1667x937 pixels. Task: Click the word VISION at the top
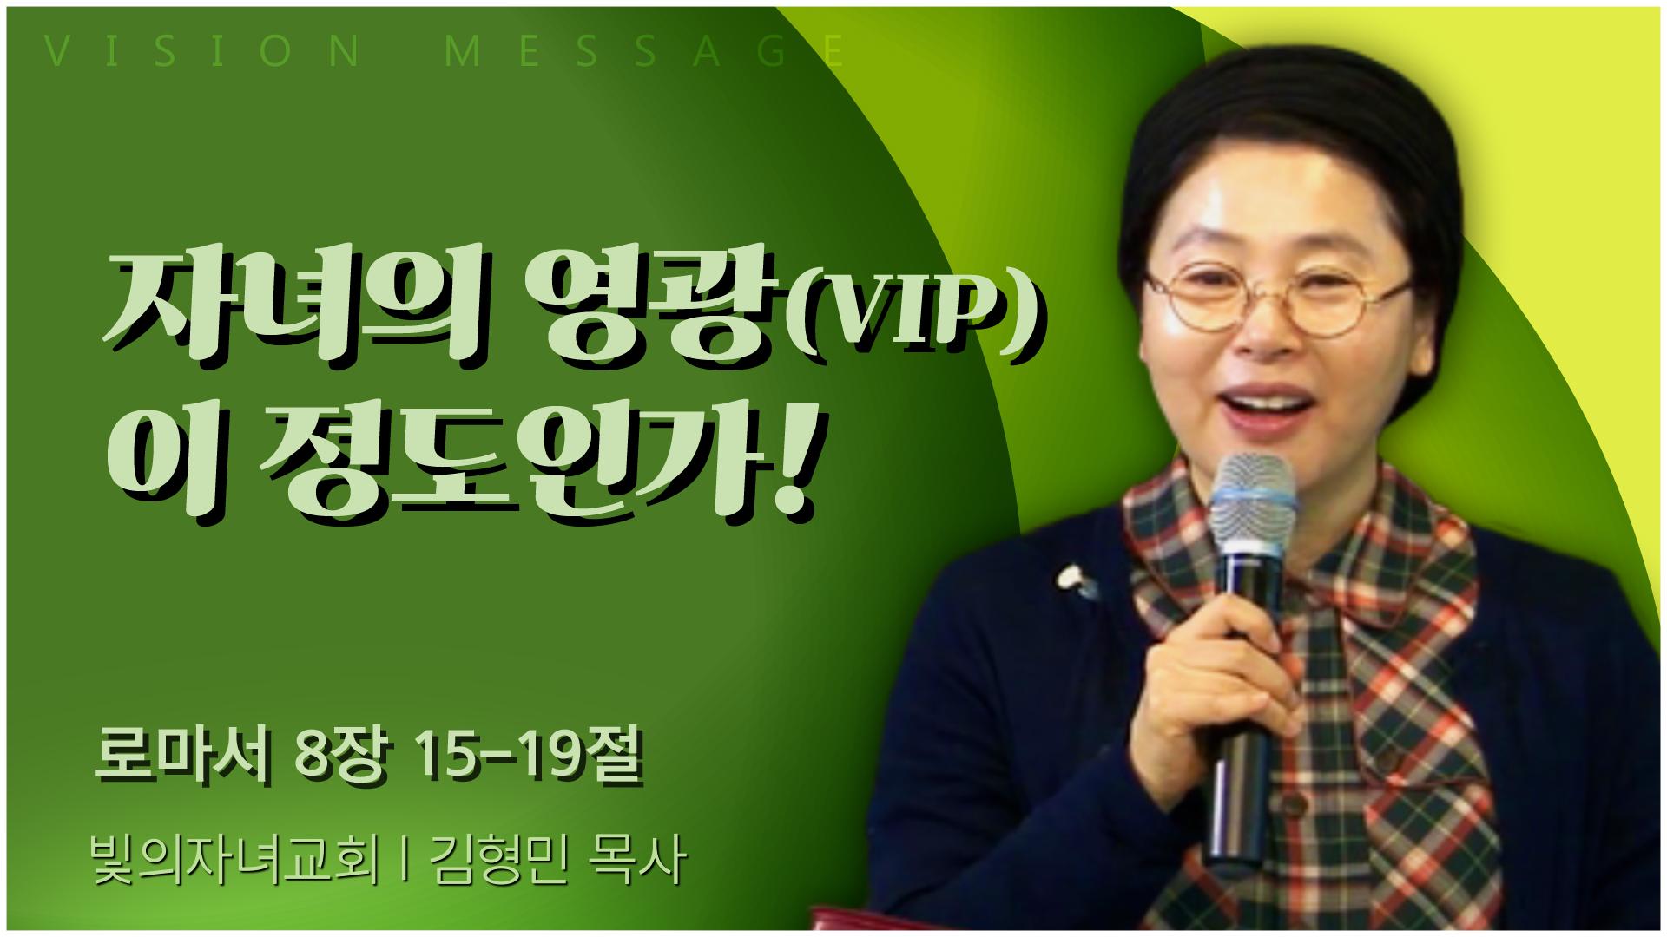click(x=202, y=51)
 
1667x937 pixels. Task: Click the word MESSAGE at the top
click(x=643, y=51)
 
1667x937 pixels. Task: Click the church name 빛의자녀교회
click(x=234, y=860)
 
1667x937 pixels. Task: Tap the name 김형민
click(x=499, y=860)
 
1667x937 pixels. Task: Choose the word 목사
click(x=637, y=860)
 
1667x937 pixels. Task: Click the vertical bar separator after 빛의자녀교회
click(x=405, y=860)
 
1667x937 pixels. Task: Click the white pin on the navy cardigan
click(x=1075, y=580)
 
